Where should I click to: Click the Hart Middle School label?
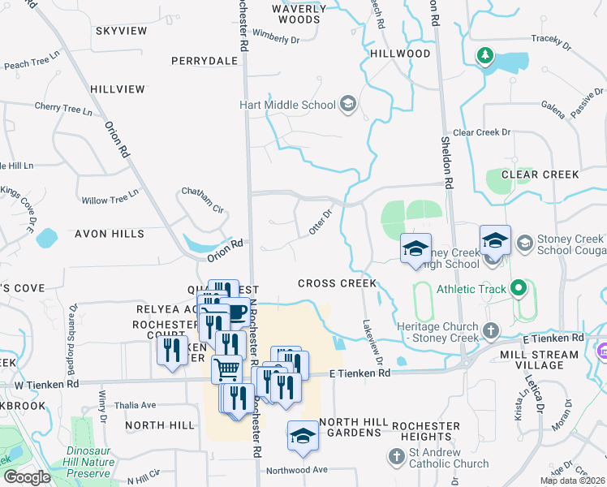[287, 105]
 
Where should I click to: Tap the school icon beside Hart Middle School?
[348, 104]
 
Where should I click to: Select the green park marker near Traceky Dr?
[484, 56]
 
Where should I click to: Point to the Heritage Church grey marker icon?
[489, 331]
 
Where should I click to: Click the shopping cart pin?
[227, 369]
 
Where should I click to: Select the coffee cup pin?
[235, 312]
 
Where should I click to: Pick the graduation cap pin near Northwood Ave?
[303, 436]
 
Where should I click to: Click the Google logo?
[28, 477]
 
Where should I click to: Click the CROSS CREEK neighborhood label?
[337, 283]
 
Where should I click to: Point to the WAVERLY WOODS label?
[302, 14]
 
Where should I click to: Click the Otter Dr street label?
[321, 223]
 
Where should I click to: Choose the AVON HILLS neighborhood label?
[109, 234]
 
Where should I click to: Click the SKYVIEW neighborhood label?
[122, 31]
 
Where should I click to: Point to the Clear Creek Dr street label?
[482, 132]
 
